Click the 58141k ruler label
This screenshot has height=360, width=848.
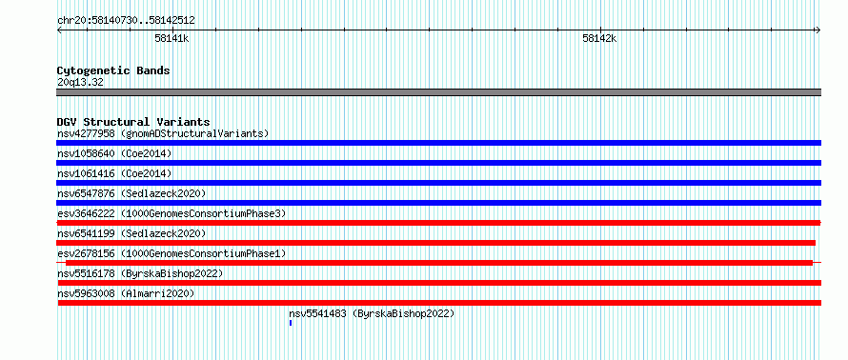point(172,38)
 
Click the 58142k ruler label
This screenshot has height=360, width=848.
point(599,38)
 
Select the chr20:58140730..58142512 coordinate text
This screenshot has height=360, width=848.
point(126,21)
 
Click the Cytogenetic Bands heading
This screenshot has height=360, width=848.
point(113,70)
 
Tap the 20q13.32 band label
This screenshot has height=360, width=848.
point(80,83)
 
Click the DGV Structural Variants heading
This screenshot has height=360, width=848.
point(133,122)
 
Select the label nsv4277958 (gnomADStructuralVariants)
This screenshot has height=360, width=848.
point(163,133)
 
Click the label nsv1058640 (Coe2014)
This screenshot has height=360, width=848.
point(114,153)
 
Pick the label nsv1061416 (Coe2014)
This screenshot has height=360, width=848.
point(114,173)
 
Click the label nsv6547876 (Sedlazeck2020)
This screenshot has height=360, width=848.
point(131,193)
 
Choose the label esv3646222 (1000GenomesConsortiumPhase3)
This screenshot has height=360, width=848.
point(172,213)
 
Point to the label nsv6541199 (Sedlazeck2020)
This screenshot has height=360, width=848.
point(131,233)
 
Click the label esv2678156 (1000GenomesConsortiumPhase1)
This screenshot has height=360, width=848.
point(172,253)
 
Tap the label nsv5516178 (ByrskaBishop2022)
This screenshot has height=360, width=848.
point(141,273)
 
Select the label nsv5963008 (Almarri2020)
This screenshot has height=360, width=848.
point(126,293)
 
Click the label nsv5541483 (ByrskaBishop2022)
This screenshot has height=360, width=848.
point(372,313)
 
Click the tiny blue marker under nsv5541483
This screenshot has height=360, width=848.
point(291,323)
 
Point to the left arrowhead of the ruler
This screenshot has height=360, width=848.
point(59,30)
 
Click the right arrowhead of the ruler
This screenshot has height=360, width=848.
point(818,30)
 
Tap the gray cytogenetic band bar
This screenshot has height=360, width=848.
point(438,92)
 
